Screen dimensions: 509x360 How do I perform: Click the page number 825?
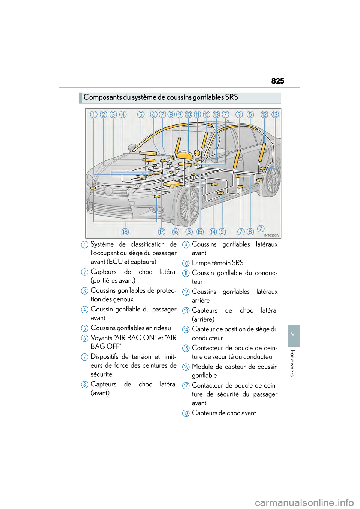[x=277, y=81]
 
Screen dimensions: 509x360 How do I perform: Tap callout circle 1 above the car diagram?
[x=94, y=114]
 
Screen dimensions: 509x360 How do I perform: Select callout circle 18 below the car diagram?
[x=125, y=232]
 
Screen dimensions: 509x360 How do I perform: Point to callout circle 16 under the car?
[x=175, y=232]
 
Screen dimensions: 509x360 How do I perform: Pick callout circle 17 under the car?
[x=161, y=232]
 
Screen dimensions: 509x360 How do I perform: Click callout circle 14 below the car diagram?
[x=213, y=232]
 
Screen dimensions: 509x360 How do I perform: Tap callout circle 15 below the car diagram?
[x=200, y=232]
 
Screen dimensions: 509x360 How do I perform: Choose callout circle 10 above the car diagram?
[x=188, y=114]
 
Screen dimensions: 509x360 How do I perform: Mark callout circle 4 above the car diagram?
[x=123, y=114]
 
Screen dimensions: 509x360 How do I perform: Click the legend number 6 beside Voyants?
[x=85, y=338]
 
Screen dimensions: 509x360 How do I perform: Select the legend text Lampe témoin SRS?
[x=217, y=263]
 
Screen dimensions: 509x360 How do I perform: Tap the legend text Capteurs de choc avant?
[x=224, y=413]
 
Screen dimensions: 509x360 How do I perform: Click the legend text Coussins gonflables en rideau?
[x=130, y=328]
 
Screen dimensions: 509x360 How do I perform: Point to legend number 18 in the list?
[x=186, y=413]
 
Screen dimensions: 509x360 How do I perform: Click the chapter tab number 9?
[x=294, y=334]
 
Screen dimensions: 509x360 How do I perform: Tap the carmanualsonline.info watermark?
[x=304, y=502]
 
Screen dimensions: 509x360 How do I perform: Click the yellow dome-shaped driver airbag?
[x=184, y=155]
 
